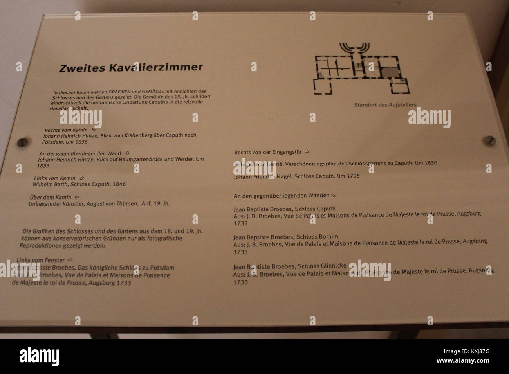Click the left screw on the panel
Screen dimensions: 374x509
click(23, 142)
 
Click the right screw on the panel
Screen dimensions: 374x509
click(489, 140)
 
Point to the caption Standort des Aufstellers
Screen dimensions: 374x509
click(385, 105)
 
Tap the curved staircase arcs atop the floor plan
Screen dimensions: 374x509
click(354, 49)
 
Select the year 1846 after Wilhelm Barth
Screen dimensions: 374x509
click(119, 184)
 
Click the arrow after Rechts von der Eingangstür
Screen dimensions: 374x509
click(307, 152)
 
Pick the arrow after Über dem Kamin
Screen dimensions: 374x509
click(77, 197)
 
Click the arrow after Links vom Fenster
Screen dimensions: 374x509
click(70, 260)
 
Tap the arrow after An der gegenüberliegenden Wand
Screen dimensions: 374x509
click(127, 153)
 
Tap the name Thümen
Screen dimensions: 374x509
click(129, 203)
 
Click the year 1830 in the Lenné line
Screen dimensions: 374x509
click(430, 163)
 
